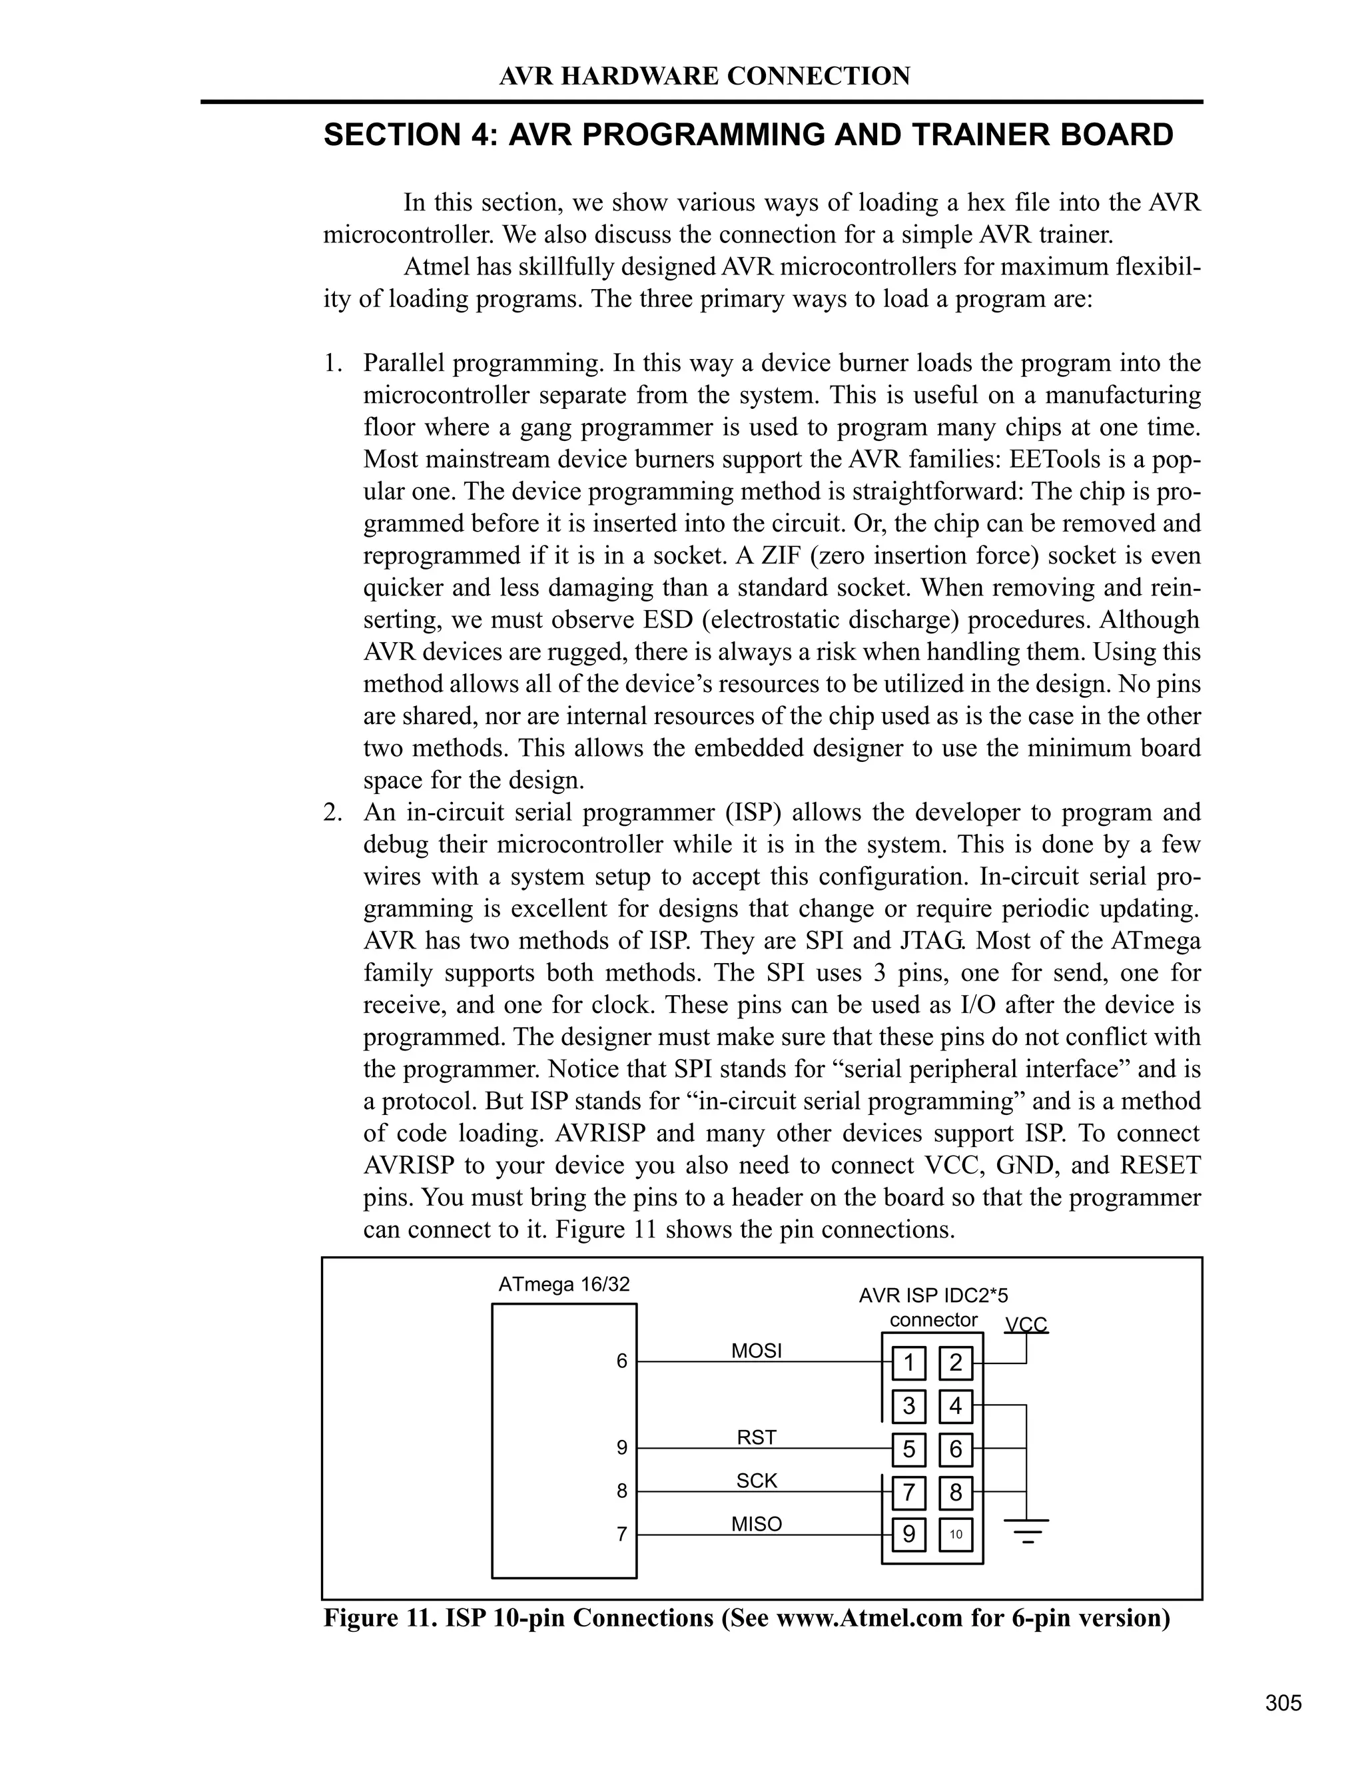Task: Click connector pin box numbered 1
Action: (x=909, y=1363)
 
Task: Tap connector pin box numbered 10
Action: (x=956, y=1534)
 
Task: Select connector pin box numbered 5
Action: (x=909, y=1449)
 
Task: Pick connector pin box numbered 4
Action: (x=956, y=1406)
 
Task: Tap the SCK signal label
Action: (x=757, y=1481)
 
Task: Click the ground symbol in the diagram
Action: (x=1026, y=1530)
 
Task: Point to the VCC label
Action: (x=1026, y=1325)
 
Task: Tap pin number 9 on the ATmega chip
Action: (x=621, y=1448)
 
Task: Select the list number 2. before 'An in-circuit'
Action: (x=334, y=812)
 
